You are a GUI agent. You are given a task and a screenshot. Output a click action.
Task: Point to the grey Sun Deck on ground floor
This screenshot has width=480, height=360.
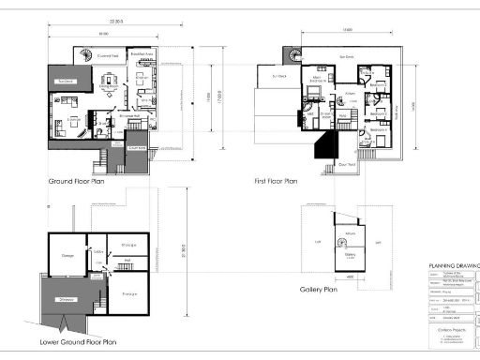tap(67, 82)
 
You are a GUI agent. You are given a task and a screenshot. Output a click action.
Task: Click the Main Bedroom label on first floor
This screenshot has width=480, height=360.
tap(318, 82)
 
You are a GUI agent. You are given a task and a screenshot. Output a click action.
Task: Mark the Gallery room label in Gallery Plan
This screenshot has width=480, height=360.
tap(350, 253)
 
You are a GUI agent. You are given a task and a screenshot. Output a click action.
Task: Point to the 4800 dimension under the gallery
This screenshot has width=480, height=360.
tap(349, 277)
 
